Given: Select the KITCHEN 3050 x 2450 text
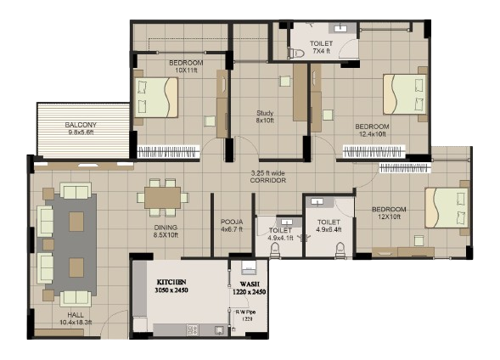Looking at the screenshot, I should click(x=174, y=285).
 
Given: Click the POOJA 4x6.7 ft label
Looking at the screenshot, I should click(x=232, y=226).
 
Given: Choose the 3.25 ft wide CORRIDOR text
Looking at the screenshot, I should click(x=267, y=177).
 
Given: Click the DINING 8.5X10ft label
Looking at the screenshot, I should click(x=160, y=231).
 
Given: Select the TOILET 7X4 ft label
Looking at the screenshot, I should click(x=322, y=48).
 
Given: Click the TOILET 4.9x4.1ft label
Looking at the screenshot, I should click(x=280, y=234).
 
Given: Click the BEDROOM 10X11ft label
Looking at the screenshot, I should click(x=184, y=66).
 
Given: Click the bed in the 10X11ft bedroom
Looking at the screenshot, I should click(x=158, y=97).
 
